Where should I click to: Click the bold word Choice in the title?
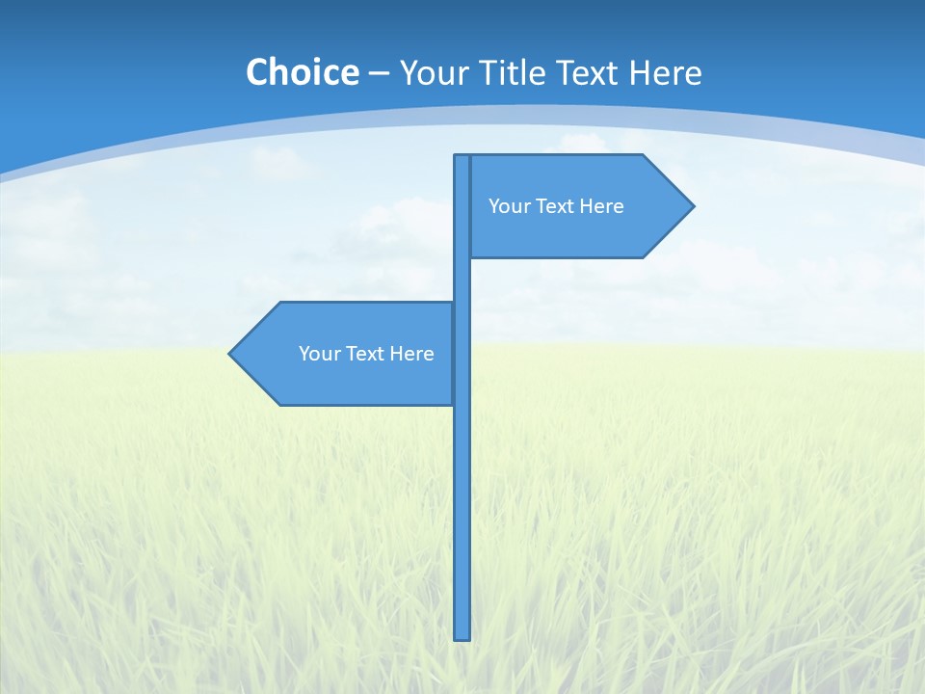point(302,72)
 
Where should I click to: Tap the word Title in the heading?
point(512,72)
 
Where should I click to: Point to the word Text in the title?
point(589,72)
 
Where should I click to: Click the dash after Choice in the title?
point(379,74)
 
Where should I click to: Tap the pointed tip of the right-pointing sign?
point(692,205)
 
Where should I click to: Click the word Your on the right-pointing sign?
point(508,206)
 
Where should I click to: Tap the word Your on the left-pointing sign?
point(318,354)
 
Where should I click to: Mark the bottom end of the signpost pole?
point(462,636)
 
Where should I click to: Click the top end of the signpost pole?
point(462,157)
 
